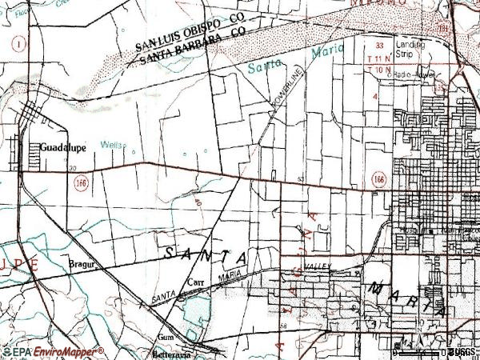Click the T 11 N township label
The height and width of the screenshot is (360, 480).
[x=378, y=60]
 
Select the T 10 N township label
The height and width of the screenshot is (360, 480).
[x=378, y=70]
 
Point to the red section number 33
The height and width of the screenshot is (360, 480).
[x=380, y=46]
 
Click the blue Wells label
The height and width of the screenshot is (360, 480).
[x=111, y=145]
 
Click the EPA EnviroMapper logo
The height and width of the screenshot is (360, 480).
[x=53, y=352]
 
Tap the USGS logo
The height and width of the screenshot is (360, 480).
[x=462, y=352]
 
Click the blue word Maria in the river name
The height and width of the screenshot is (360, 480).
[x=328, y=50]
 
